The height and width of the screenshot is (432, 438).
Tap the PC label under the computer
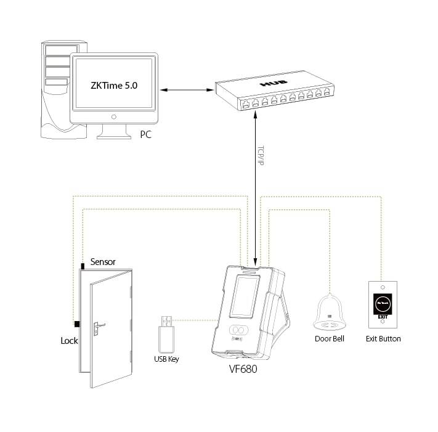(x=145, y=134)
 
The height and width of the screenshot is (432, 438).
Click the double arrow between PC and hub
(x=184, y=91)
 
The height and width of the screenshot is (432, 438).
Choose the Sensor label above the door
(x=103, y=262)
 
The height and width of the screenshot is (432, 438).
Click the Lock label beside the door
(x=69, y=340)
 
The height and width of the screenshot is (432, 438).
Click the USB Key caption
(x=166, y=359)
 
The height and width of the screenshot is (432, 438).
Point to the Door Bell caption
(x=329, y=338)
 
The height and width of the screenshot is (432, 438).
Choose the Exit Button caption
(x=383, y=338)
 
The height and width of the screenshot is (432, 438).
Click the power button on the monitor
(x=113, y=116)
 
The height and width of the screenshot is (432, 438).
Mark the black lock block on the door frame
(x=76, y=324)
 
